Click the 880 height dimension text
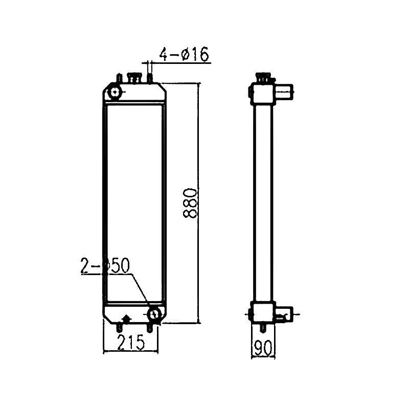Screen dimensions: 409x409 [190, 203]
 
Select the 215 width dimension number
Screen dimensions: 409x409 [130, 343]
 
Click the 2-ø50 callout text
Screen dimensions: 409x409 [105, 266]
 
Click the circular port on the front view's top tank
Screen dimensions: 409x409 [115, 93]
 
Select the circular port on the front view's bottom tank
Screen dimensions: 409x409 [154, 313]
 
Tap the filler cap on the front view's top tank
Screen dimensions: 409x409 [134, 78]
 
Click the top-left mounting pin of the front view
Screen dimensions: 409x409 [119, 78]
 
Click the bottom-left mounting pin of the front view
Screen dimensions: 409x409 [120, 326]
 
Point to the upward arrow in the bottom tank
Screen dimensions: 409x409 [126, 318]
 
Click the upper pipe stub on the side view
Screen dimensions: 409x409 [285, 92]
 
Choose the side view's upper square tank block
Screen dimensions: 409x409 [263, 94]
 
